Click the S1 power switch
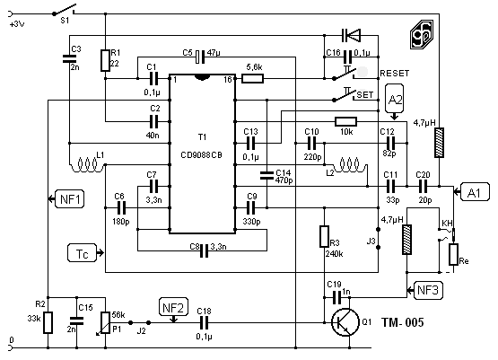tap(65, 10)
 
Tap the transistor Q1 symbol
tap(345, 322)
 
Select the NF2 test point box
tap(173, 308)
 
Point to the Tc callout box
tap(82, 253)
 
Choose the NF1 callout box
tap(70, 199)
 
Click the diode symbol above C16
tap(351, 35)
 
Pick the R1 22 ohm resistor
tap(106, 60)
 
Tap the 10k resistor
tap(345, 122)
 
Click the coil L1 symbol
tap(87, 165)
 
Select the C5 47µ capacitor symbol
tap(200, 57)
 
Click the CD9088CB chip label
tap(201, 155)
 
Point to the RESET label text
tap(395, 74)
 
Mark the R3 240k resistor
tap(324, 236)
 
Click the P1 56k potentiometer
tap(106, 322)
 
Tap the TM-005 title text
tap(402, 322)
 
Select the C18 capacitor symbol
tap(204, 323)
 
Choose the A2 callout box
tap(395, 100)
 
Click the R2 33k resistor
tap(48, 322)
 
